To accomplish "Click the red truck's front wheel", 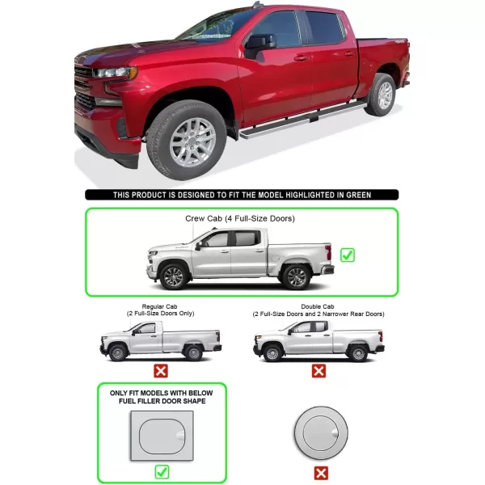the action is (x=187, y=141).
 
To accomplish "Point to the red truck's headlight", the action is (x=115, y=73).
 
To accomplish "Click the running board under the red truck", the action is (x=303, y=120).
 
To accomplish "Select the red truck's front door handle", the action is (x=301, y=58).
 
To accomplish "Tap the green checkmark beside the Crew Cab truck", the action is (x=348, y=255).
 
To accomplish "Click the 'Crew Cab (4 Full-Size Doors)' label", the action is (x=240, y=219).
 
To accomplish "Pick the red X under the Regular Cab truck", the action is (x=161, y=370).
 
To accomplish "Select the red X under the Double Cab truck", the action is (x=318, y=370).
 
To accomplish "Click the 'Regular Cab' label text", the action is (x=159, y=306).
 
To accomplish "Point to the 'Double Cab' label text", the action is (x=318, y=306).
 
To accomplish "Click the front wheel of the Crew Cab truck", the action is (x=173, y=276).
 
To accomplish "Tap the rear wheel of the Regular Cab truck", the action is (x=193, y=352).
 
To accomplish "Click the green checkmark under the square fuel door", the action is (x=162, y=472).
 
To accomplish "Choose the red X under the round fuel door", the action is (x=321, y=473).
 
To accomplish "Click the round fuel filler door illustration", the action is (x=321, y=433).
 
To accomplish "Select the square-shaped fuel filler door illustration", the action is (x=162, y=436).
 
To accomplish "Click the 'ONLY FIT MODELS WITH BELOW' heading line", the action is (x=161, y=393).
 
